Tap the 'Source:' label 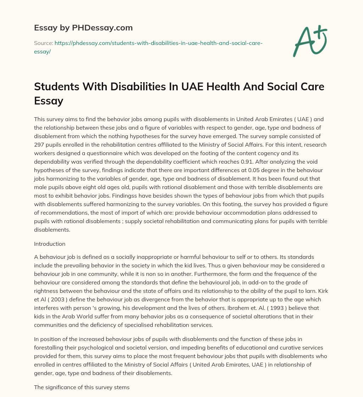pyautogui.click(x=43, y=43)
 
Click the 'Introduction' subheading pyautogui.click(x=49, y=244)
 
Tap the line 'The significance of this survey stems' pyautogui.click(x=82, y=387)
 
